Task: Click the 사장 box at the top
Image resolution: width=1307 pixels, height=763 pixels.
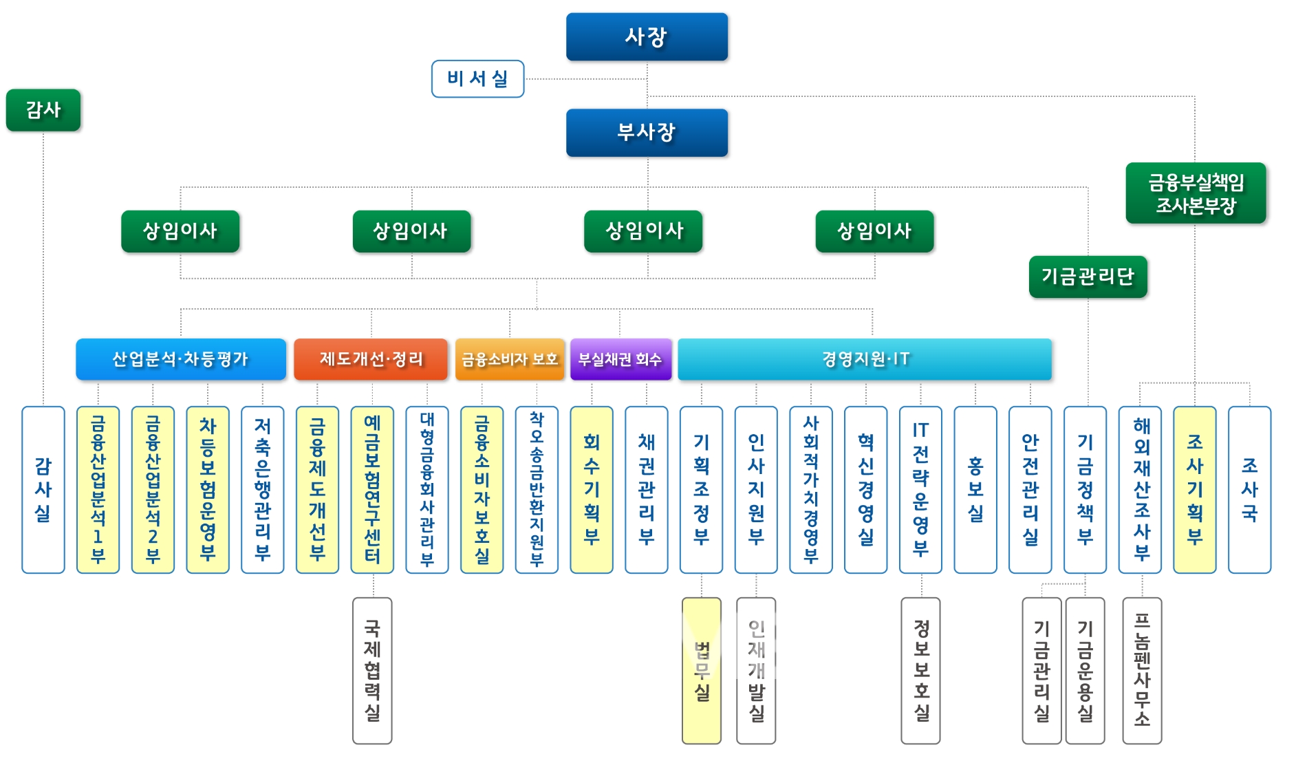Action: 647,36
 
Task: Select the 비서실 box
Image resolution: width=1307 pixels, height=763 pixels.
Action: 477,78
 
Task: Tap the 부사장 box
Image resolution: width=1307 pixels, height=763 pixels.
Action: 647,132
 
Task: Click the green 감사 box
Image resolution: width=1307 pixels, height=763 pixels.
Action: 43,110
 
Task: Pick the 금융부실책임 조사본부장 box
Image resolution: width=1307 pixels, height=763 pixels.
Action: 1196,193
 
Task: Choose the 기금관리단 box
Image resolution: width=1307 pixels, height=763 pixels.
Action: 1088,277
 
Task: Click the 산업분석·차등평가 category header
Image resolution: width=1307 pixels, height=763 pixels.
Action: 181,359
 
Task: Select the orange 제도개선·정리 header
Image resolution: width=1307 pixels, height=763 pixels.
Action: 371,359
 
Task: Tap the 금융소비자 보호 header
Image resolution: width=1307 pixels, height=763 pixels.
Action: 510,359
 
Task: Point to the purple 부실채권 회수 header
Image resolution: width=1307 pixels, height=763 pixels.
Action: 620,359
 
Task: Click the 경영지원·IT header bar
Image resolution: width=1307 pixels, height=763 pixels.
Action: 865,359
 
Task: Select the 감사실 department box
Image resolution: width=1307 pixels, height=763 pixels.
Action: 43,490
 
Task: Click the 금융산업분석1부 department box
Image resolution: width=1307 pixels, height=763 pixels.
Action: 98,490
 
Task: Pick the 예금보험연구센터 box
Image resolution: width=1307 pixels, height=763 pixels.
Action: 372,490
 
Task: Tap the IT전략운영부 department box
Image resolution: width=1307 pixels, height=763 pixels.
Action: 920,490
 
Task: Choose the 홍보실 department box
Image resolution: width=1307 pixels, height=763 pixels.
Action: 975,490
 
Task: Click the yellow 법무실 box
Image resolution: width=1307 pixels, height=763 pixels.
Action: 702,671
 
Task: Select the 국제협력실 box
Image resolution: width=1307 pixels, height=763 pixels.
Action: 372,671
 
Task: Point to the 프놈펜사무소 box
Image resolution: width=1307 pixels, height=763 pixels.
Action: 1142,671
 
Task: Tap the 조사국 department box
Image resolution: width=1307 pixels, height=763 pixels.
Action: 1249,490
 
